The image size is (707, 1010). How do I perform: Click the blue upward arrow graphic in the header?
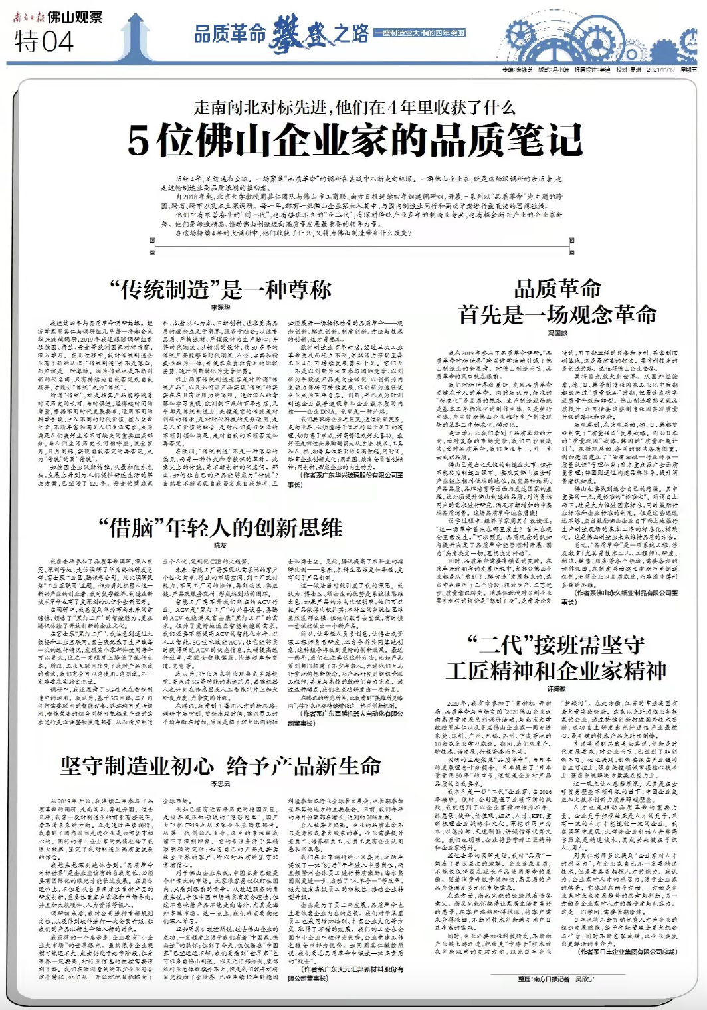click(137, 37)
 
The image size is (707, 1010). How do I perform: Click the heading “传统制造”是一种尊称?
click(221, 290)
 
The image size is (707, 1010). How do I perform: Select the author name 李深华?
click(221, 308)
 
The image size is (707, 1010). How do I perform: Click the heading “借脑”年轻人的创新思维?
click(221, 528)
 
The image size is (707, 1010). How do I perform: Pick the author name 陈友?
click(220, 545)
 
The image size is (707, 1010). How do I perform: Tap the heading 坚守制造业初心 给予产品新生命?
click(221, 766)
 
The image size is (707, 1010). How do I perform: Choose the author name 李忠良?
click(220, 785)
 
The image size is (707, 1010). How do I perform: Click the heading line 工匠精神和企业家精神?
click(557, 671)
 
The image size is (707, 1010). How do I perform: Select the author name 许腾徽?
click(557, 689)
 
